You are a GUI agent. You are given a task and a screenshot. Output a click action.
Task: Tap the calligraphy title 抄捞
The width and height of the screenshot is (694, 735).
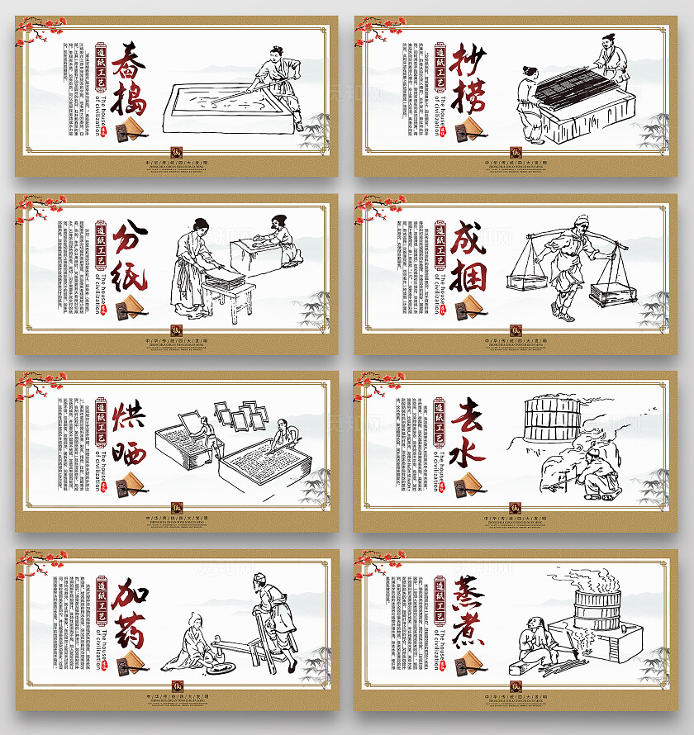click(x=468, y=79)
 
